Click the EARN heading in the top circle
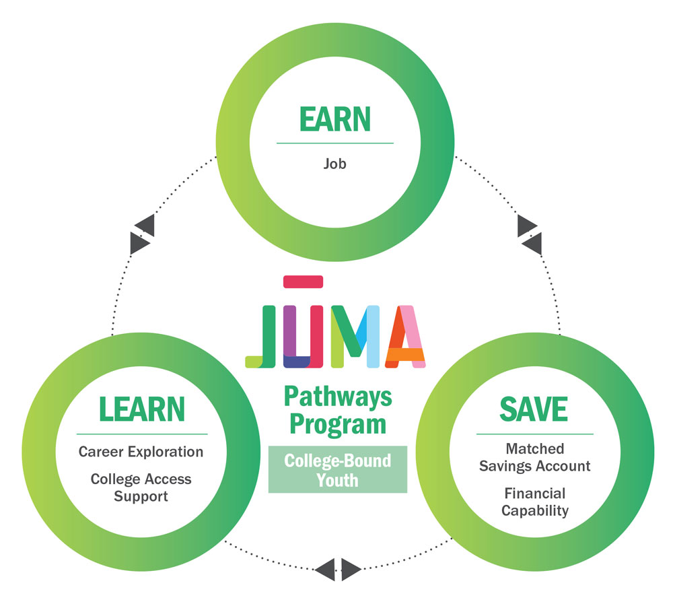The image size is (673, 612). [334, 119]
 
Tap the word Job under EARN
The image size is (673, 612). [334, 163]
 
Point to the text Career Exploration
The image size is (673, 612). [141, 451]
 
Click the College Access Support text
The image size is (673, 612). [141, 487]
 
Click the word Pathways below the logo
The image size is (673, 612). [337, 397]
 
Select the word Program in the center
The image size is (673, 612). [337, 424]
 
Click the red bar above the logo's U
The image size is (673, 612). [304, 281]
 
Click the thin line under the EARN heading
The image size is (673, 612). [334, 143]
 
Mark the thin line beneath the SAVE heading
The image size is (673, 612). [535, 434]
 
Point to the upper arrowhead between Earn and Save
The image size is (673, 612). [526, 227]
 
